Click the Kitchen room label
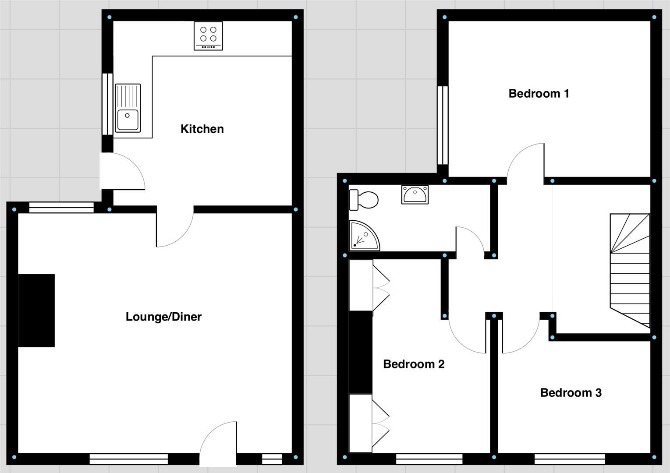click(x=202, y=129)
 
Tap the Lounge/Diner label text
click(x=163, y=317)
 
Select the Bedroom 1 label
click(x=539, y=93)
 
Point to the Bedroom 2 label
click(x=414, y=364)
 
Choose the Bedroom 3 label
click(x=571, y=393)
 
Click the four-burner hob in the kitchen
click(x=208, y=35)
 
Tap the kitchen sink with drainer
click(x=128, y=108)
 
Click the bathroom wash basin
click(x=415, y=194)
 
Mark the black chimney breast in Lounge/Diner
click(x=37, y=311)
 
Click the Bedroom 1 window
click(x=443, y=125)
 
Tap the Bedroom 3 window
click(x=569, y=459)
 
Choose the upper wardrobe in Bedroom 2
click(x=361, y=286)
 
